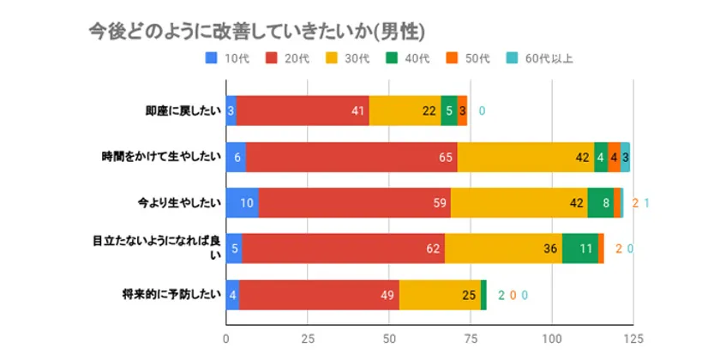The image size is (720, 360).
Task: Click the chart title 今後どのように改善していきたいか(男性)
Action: tap(257, 32)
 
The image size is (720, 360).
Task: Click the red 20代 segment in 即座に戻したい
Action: tap(303, 111)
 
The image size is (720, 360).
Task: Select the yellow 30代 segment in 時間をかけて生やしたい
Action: tap(525, 157)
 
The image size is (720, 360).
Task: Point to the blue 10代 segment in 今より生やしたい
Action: tap(242, 203)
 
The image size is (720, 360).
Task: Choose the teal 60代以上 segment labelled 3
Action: tap(626, 157)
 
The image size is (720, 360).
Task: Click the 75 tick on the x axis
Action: tap(471, 338)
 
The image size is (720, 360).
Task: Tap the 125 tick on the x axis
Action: tap(633, 338)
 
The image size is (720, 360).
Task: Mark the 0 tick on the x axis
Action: tap(226, 338)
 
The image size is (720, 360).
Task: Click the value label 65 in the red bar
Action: tap(446, 157)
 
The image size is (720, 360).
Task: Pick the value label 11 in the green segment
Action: tap(586, 249)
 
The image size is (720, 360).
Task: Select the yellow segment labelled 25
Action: tap(440, 294)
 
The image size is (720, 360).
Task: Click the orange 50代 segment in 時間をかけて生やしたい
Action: tap(615, 157)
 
